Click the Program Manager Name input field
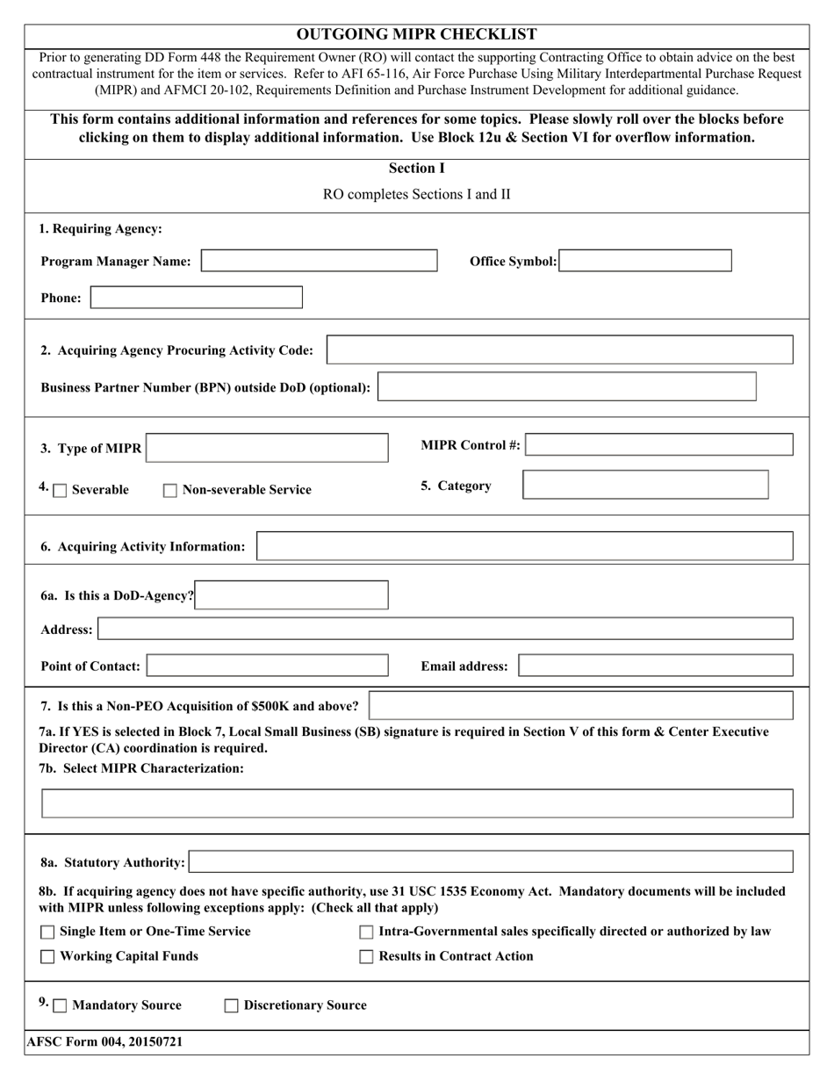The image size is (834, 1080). point(319,261)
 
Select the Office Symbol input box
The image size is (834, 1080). point(645,261)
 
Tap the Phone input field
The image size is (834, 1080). point(197,298)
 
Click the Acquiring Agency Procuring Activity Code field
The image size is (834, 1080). point(559,349)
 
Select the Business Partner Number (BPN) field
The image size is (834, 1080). point(566,387)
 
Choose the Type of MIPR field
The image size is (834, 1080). point(267,448)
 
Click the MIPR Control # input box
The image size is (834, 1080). point(659,445)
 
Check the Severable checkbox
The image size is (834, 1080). point(60,491)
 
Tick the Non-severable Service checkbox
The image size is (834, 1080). point(170,491)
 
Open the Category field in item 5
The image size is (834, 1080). point(645,485)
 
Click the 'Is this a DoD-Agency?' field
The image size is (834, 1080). point(291,595)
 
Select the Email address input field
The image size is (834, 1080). point(656,666)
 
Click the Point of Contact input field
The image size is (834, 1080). point(267,666)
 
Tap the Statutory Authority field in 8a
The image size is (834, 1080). point(491,861)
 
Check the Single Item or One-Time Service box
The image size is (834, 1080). point(48,932)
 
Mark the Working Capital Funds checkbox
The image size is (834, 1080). point(48,957)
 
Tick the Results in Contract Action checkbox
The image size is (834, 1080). point(367,957)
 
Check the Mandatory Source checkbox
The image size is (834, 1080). point(60,1006)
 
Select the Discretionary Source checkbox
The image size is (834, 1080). point(232,1006)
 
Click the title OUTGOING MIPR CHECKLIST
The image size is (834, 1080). point(417,34)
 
